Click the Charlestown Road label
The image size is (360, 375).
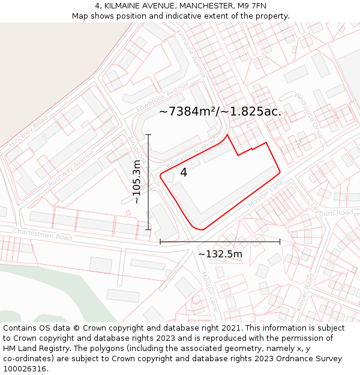click(43, 233)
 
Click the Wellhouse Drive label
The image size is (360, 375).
click(309, 115)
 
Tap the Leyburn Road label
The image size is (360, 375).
click(332, 210)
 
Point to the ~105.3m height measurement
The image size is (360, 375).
click(137, 182)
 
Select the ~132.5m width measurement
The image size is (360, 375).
click(220, 254)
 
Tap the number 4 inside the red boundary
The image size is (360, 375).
click(184, 173)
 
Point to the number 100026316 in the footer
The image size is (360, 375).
click(25, 369)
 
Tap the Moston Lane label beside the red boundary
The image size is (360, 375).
click(265, 196)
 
